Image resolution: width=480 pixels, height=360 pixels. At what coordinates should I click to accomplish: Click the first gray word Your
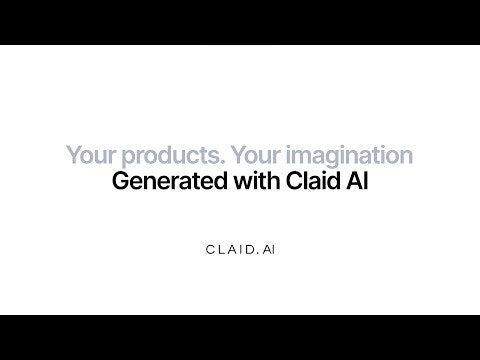pyautogui.click(x=85, y=157)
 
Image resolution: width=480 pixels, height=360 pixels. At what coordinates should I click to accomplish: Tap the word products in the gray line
pyautogui.click(x=147, y=157)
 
